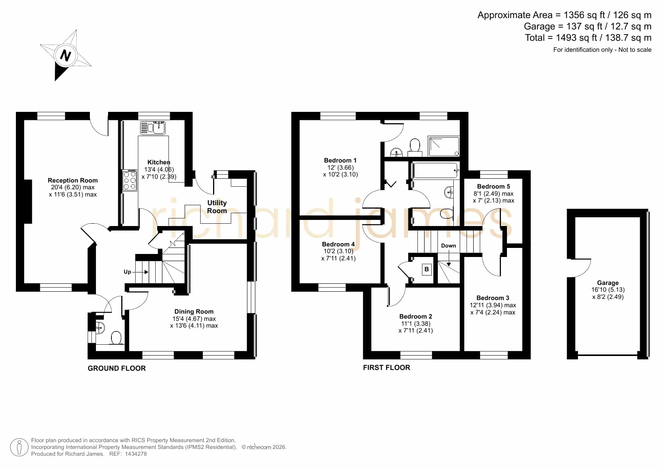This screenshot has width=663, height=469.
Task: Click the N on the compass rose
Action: [x=66, y=56]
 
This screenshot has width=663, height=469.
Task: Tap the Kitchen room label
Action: [x=159, y=162]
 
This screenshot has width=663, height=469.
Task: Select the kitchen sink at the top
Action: [x=153, y=128]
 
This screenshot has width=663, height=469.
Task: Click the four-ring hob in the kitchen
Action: [x=130, y=181]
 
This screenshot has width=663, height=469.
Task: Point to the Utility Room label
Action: [x=217, y=207]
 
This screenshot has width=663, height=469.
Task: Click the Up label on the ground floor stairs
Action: [x=127, y=272]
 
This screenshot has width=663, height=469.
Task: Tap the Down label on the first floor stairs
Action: [x=448, y=246]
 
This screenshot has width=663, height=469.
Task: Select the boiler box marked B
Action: [x=427, y=269]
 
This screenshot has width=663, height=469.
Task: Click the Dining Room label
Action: [x=194, y=311]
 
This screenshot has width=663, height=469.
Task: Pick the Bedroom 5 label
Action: [x=493, y=186]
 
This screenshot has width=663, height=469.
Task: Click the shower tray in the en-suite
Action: [x=444, y=147]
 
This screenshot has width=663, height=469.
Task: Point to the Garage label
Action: [x=608, y=283]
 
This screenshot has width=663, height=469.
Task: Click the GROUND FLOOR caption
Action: [x=117, y=368]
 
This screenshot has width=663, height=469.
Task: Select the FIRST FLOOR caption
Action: [x=386, y=367]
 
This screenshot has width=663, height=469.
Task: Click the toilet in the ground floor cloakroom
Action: [x=116, y=338]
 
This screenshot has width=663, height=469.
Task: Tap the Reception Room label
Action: [x=73, y=180]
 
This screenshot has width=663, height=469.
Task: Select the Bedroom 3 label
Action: [x=493, y=298]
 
